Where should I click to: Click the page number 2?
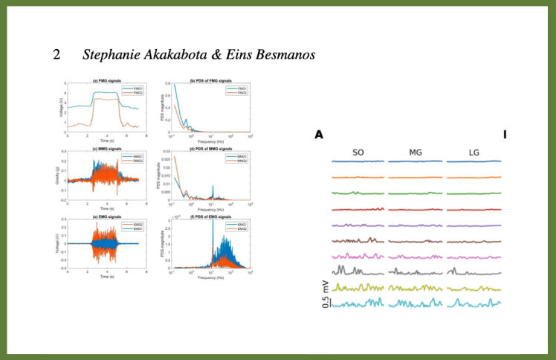[x=56, y=54]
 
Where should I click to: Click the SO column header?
[x=358, y=152]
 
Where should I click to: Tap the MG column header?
[x=416, y=152]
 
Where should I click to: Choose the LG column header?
[x=473, y=152]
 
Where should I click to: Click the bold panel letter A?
[x=318, y=135]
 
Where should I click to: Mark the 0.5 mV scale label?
[x=325, y=293]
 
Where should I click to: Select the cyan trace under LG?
[x=473, y=303]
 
